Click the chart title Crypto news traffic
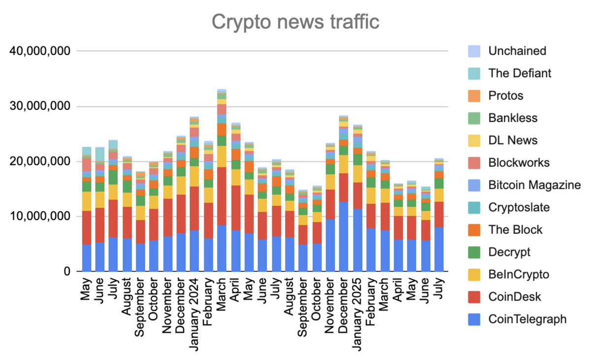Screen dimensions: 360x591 coord(295,22)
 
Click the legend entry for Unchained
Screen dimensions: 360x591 coord(517,51)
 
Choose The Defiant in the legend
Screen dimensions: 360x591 coord(520,73)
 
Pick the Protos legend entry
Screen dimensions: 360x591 coord(506,96)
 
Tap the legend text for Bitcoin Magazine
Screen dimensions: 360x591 coord(534,185)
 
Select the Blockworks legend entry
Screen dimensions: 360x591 coord(519,163)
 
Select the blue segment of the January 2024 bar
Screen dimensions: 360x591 coord(195,251)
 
